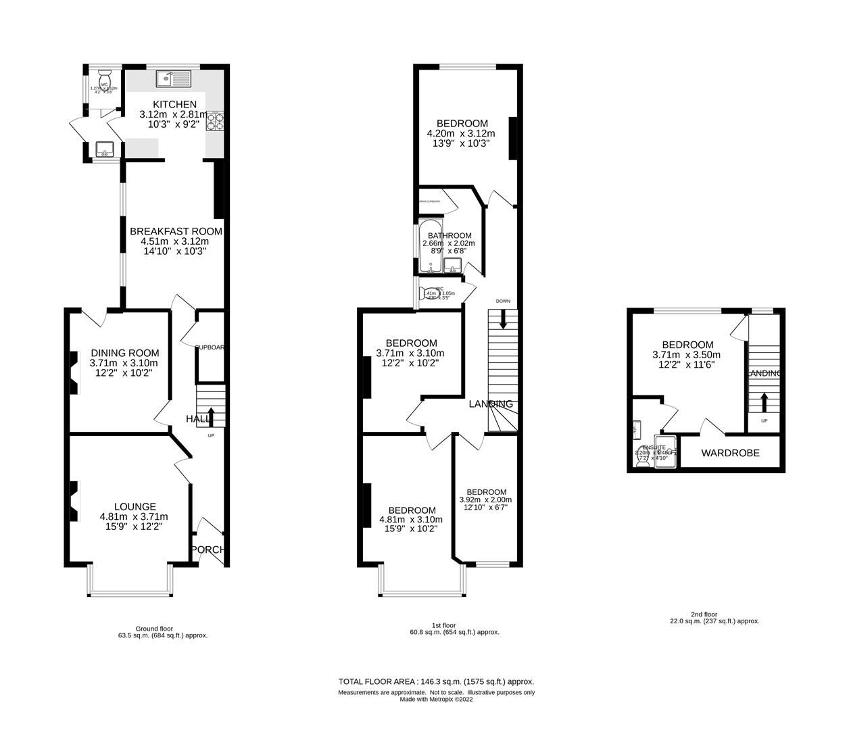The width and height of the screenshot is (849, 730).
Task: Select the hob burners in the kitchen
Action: pos(216,120)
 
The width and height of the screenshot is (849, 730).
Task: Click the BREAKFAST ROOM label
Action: pos(175,231)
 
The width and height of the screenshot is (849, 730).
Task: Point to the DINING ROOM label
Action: pos(125,353)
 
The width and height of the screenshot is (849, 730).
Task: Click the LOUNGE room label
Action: pos(135,506)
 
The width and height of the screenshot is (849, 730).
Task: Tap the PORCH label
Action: pos(208,550)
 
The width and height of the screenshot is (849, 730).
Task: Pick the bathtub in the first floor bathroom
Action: pos(430,246)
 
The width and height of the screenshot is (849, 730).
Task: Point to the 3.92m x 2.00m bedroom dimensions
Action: pos(485,500)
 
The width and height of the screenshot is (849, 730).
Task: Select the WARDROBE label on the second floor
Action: pos(729,453)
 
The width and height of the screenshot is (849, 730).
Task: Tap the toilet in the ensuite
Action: pos(640,456)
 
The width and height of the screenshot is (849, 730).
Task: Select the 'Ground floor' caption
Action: pos(154,628)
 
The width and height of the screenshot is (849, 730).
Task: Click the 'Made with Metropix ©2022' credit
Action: pos(436,700)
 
